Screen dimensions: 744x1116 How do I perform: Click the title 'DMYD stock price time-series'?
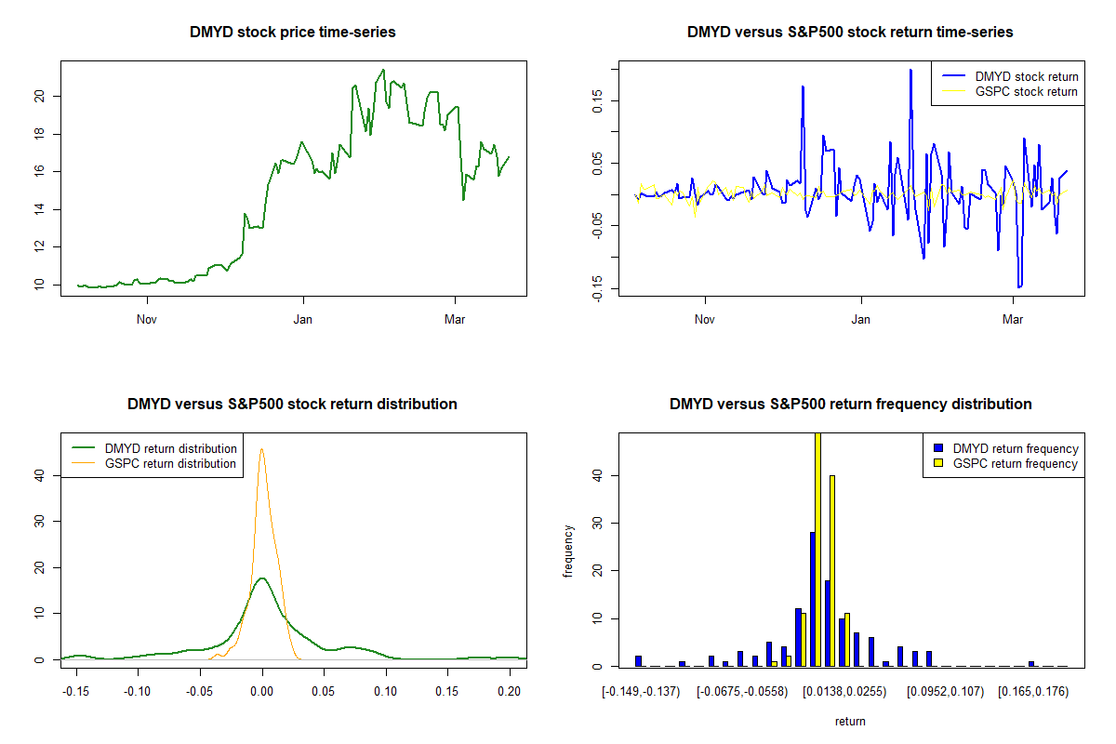292,33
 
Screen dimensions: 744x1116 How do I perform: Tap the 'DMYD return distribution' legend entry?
170,448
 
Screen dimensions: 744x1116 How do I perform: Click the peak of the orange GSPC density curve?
262,449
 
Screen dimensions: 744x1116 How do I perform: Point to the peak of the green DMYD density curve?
262,578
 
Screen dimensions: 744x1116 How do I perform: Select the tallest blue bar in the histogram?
812,599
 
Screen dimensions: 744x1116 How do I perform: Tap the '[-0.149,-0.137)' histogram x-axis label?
641,692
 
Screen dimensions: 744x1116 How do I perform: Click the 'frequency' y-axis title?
568,551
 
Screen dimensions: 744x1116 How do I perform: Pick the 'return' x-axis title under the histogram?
850,721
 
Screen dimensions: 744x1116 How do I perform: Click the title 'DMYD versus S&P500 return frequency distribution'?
850,405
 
